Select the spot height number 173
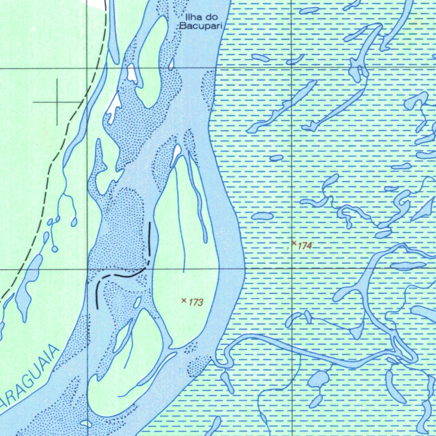(196, 303)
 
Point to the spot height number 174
(305, 246)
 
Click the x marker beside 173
(184, 301)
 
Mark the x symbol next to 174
(294, 243)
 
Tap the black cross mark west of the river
(57, 102)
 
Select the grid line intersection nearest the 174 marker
(291, 269)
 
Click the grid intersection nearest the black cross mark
(87, 68)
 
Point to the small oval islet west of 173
(137, 303)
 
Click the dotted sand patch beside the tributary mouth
(197, 365)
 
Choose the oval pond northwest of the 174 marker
(262, 216)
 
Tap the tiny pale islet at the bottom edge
(86, 423)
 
